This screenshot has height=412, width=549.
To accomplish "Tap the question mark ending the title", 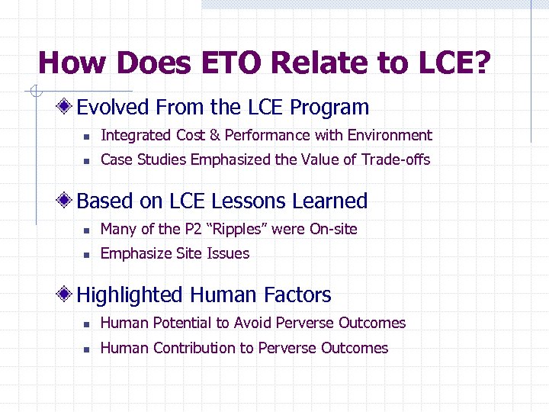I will (x=482, y=63).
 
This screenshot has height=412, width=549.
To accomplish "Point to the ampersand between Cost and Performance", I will (x=214, y=136).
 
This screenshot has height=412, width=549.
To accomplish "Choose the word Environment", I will (x=390, y=136).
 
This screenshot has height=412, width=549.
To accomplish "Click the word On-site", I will (x=333, y=229).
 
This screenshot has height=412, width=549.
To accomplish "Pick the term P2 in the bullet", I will (x=194, y=229).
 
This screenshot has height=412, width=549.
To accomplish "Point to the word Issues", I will (x=230, y=253).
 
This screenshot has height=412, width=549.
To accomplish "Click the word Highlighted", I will (x=130, y=295).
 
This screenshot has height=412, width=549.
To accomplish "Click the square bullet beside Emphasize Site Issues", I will (x=88, y=255).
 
